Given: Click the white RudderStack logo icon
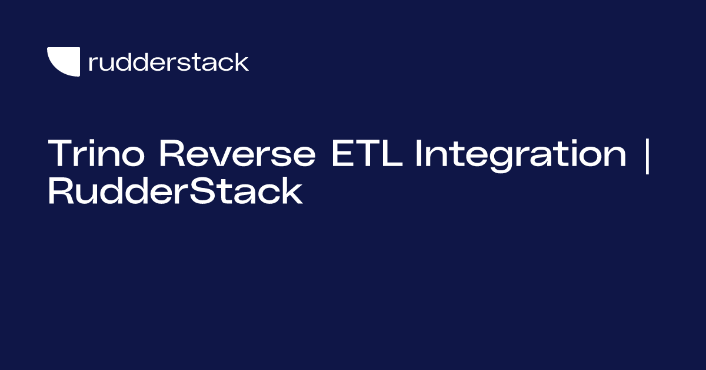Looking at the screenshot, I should pyautogui.click(x=64, y=61).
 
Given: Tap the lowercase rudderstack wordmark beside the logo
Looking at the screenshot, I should pyautogui.click(x=168, y=62).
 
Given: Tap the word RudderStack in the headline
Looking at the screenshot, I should pyautogui.click(x=175, y=191).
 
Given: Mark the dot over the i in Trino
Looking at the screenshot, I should pyautogui.click(x=96, y=141).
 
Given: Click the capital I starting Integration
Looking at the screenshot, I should pyautogui.click(x=419, y=154).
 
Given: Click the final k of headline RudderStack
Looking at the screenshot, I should pyautogui.click(x=292, y=191).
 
